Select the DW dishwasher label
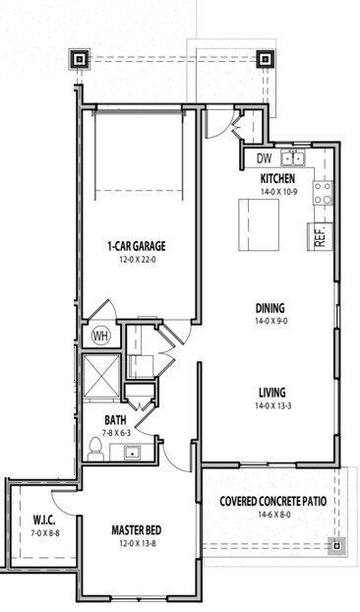click(x=263, y=157)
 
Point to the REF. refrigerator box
click(x=320, y=235)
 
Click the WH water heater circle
click(x=99, y=336)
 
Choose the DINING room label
click(x=270, y=306)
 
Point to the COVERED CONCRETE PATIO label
click(x=272, y=500)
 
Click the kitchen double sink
click(x=293, y=157)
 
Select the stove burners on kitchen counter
click(x=324, y=193)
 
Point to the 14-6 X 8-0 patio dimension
click(x=272, y=514)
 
